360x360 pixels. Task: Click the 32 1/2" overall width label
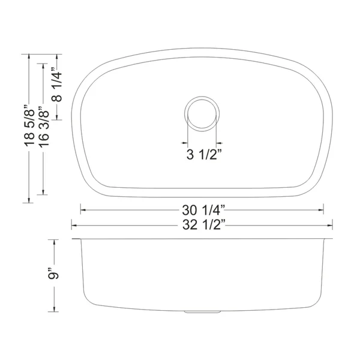click(203, 225)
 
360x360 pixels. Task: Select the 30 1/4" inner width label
click(203, 210)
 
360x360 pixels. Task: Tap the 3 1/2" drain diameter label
click(204, 154)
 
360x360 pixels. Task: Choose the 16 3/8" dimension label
click(43, 126)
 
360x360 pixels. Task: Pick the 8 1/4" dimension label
click(57, 85)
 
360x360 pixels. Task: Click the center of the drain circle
click(202, 114)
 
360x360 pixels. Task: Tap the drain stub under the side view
click(203, 312)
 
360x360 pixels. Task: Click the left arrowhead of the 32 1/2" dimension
click(74, 226)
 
